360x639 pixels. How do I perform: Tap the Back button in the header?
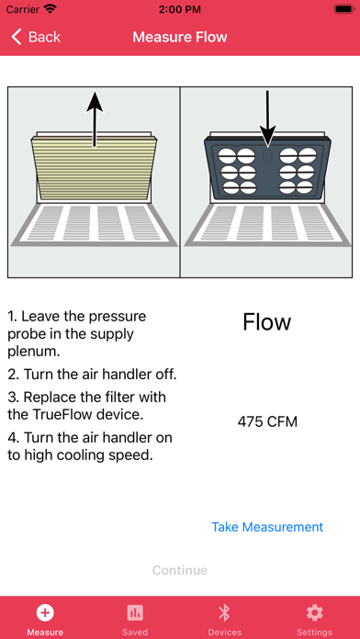(36, 37)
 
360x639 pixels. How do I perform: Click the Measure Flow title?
(180, 37)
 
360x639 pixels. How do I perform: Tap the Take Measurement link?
(267, 526)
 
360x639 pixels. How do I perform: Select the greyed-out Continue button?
(180, 570)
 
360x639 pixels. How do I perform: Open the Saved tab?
(135, 620)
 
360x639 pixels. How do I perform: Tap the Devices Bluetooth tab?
(225, 620)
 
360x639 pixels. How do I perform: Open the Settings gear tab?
(314, 620)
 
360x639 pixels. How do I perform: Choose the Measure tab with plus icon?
(45, 620)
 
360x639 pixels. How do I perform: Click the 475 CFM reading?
(267, 421)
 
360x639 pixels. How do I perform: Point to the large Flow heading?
(267, 322)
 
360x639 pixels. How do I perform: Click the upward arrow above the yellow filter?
(95, 118)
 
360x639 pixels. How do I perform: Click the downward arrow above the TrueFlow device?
(267, 118)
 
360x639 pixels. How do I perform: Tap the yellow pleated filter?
(95, 168)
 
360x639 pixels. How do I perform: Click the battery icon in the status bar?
(343, 9)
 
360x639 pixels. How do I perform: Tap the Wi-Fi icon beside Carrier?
(51, 9)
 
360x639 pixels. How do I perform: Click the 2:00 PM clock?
(180, 9)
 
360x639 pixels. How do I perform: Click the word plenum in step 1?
(34, 352)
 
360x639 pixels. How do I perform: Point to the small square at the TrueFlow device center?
(267, 155)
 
